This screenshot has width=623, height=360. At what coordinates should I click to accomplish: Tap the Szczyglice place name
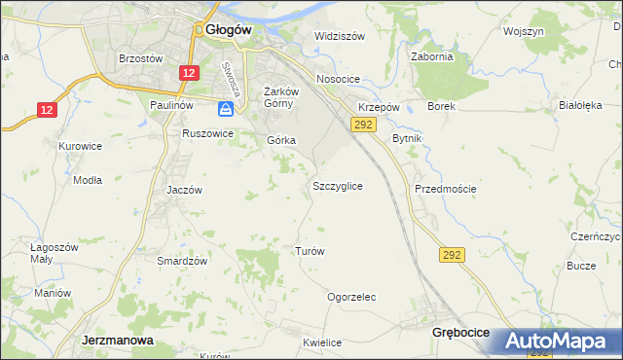(x=339, y=185)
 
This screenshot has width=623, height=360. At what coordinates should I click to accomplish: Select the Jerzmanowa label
(x=114, y=342)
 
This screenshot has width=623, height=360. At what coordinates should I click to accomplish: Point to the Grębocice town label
(x=462, y=333)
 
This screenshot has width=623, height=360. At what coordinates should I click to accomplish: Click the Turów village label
(x=309, y=251)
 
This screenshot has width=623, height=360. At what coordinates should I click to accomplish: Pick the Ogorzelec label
(x=351, y=297)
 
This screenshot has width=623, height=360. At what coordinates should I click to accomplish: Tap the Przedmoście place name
(x=445, y=189)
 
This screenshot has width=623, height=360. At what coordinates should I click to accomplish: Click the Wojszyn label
(x=523, y=31)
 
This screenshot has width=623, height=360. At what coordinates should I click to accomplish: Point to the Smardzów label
(x=183, y=261)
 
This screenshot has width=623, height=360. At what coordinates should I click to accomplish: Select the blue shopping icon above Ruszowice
(x=225, y=110)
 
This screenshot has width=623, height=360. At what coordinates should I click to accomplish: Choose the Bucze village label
(x=581, y=266)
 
